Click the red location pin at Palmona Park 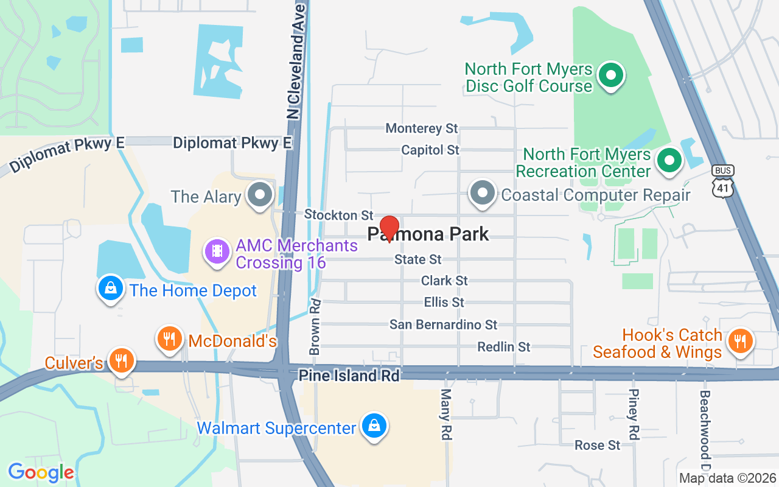(389, 228)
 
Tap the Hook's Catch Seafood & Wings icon (739, 340)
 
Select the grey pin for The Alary (262, 195)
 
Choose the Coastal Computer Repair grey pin (483, 193)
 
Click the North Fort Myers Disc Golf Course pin (612, 76)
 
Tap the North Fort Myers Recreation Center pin (670, 161)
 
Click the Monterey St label (422, 128)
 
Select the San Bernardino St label (443, 324)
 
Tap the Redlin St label (504, 347)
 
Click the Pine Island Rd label (349, 376)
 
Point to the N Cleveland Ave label (296, 61)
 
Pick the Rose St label (598, 446)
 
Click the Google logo (41, 472)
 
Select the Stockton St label (338, 215)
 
